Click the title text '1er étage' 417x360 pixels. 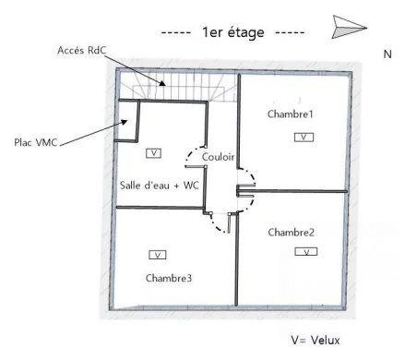pyautogui.click(x=232, y=32)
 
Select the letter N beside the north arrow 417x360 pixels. pyautogui.click(x=387, y=54)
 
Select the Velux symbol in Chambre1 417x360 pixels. pyautogui.click(x=304, y=137)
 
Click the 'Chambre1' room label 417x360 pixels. pyautogui.click(x=290, y=114)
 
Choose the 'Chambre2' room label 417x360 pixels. pyautogui.click(x=292, y=232)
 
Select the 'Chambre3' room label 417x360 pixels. pyautogui.click(x=169, y=277)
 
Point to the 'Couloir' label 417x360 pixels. pyautogui.click(x=218, y=157)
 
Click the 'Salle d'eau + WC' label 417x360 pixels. pyautogui.click(x=161, y=185)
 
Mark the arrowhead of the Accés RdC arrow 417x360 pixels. pyautogui.click(x=163, y=84)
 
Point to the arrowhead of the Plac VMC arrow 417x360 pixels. pyautogui.click(x=125, y=120)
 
